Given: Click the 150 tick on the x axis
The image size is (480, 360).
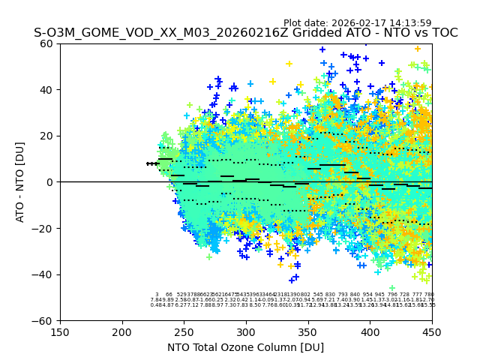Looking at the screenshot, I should (x=60, y=331).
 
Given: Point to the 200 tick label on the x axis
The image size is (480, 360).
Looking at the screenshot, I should (x=122, y=331).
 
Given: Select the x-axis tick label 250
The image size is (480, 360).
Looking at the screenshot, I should (x=184, y=331).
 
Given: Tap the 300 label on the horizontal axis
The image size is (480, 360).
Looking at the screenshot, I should (x=246, y=331).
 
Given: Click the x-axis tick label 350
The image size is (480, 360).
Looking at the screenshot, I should (x=307, y=331).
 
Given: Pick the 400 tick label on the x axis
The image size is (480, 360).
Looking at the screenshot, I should (x=370, y=331).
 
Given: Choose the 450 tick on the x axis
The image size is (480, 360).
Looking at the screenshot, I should (x=431, y=331).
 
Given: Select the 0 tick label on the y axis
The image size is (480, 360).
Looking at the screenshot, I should (x=51, y=182).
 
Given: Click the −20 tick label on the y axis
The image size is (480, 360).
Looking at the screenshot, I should (x=45, y=228).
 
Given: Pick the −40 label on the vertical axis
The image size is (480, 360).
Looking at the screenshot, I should (x=45, y=274).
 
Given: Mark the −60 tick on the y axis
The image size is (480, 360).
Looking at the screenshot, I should (x=45, y=320).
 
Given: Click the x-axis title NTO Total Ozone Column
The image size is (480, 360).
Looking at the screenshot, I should (x=246, y=346).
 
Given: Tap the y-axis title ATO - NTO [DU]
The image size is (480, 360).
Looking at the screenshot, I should (x=20, y=182).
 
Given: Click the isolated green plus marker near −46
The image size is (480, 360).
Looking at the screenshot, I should (x=391, y=288).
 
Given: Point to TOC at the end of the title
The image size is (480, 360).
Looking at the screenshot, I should (x=443, y=33).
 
